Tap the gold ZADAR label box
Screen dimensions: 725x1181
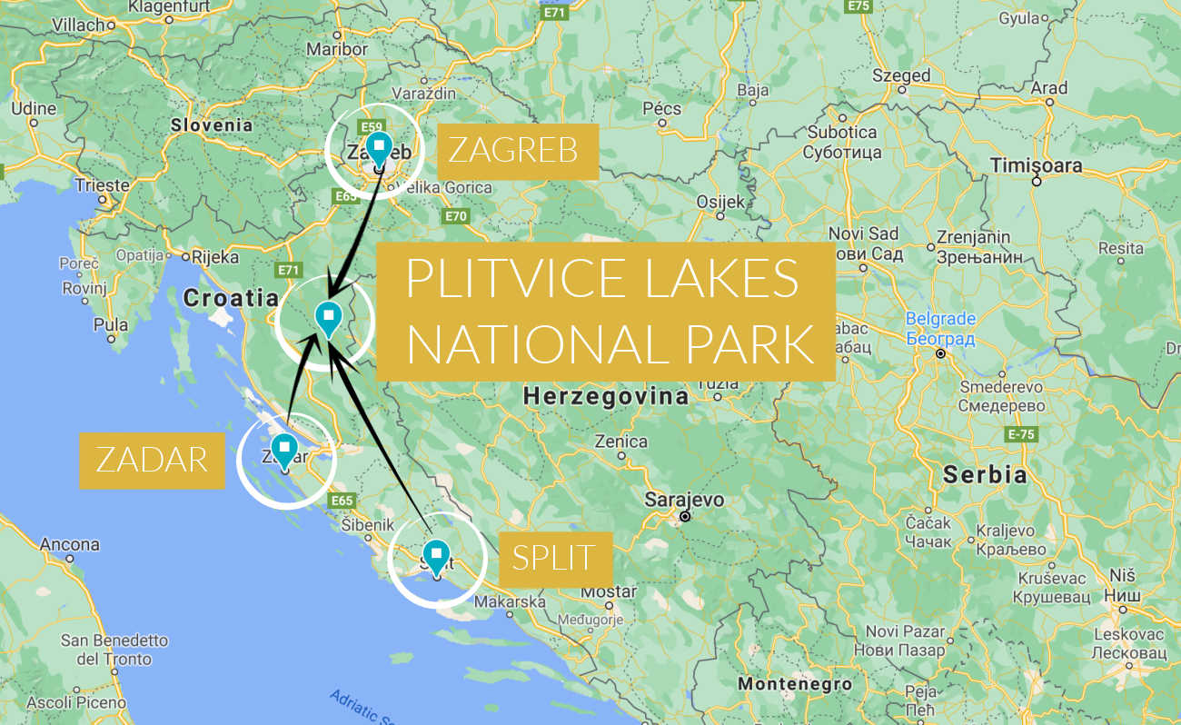152,460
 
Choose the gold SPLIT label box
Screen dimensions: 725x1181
554,557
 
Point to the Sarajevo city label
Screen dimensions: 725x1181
684,500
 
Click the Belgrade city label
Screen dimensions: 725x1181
940,320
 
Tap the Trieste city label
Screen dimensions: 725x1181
102,185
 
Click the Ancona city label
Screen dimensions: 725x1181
69,545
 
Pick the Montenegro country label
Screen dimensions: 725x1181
794,684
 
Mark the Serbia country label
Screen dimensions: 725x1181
984,474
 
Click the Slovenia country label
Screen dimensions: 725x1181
212,124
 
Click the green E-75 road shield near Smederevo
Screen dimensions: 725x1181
1021,434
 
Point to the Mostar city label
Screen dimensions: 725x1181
609,591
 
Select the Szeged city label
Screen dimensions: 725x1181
901,75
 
